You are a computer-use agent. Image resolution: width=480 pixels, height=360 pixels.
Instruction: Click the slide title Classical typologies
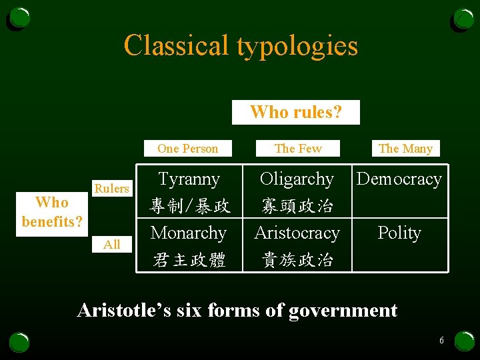coord(241,46)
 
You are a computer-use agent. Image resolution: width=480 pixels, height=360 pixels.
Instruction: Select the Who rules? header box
coord(295,112)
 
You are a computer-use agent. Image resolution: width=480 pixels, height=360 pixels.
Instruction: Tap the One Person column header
coord(187,149)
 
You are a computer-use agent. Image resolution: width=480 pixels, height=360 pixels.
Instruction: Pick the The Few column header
coord(298,149)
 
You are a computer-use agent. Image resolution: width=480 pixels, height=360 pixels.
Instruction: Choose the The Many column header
coord(405,149)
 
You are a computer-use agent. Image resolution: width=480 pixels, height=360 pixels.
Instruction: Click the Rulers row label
coord(111,189)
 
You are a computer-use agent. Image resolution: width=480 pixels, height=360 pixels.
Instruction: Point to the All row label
coord(111,245)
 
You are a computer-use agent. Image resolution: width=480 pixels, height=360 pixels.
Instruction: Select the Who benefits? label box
coord(52,212)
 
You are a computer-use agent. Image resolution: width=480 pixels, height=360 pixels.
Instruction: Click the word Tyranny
coord(189,179)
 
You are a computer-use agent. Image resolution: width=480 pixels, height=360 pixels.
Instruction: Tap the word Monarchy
coord(189,233)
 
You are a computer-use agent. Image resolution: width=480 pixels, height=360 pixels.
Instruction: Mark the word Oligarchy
coord(297,179)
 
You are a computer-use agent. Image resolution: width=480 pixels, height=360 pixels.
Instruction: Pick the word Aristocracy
coord(297,233)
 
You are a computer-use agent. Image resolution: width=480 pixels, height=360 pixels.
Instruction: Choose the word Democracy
coord(399,179)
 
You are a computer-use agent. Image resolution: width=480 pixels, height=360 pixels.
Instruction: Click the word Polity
coord(399,233)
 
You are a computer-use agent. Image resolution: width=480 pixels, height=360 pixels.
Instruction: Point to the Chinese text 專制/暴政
coord(190,206)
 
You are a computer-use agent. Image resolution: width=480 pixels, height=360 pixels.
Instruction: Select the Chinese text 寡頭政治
coord(297,206)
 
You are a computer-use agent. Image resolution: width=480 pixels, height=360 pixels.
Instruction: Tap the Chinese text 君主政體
coord(189,259)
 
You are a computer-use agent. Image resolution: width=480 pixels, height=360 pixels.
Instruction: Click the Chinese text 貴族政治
coord(297,259)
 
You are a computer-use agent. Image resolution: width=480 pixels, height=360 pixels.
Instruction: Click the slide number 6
coord(441,341)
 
